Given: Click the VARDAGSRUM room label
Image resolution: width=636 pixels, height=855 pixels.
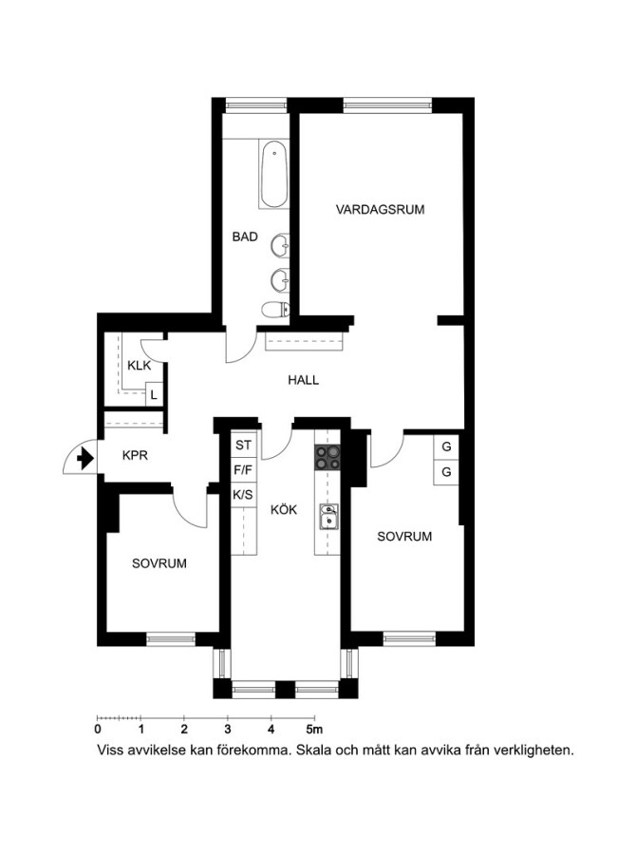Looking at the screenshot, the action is click(380, 209).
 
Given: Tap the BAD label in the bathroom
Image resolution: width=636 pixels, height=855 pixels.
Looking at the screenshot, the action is click(245, 237).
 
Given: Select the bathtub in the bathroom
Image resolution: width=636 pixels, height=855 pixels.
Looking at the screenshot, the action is click(273, 175).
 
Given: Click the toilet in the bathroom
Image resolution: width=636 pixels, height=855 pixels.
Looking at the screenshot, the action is click(275, 310).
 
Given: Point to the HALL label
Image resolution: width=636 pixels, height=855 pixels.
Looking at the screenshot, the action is click(304, 380).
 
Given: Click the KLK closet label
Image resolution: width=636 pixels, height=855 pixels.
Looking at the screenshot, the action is click(139, 365).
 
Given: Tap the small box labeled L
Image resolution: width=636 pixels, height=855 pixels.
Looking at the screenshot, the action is click(154, 394).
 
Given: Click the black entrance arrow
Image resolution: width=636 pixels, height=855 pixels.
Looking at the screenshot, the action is click(84, 458).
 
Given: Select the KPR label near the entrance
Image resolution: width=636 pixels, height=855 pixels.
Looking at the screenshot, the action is click(135, 455).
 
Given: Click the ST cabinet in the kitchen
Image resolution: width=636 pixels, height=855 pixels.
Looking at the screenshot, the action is click(244, 445).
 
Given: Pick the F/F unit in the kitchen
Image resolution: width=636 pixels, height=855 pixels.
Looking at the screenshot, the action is click(244, 469).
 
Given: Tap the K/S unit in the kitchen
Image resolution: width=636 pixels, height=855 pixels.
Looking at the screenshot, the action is click(244, 495).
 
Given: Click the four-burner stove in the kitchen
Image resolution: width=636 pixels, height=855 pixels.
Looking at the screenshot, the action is click(327, 458).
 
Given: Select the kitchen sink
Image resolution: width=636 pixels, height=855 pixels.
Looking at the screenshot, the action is click(328, 517).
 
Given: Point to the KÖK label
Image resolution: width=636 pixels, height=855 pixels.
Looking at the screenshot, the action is click(284, 510).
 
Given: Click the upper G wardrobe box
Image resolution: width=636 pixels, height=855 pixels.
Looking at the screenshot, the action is click(446, 447).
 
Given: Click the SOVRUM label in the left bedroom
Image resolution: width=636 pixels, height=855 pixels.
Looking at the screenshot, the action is click(159, 563).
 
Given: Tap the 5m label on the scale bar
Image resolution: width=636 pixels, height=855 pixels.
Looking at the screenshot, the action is click(314, 729).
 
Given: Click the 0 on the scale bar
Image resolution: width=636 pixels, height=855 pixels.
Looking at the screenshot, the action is click(98, 729).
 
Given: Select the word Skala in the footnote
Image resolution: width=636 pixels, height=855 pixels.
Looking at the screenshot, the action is click(310, 750).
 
